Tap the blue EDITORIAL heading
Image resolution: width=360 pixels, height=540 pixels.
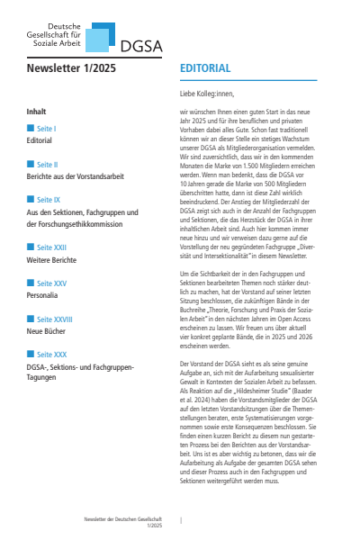[205, 68]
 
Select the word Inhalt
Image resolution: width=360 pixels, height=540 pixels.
[37, 112]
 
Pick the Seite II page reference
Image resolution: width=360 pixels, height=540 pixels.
[48, 165]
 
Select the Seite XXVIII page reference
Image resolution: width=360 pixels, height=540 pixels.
[53, 319]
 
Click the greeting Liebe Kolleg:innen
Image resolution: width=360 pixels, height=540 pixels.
[212, 93]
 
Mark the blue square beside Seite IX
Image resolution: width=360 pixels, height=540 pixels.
[31, 200]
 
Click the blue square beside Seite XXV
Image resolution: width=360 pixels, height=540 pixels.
[31, 283]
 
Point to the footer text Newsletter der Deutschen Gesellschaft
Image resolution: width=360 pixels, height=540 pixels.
[122, 521]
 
